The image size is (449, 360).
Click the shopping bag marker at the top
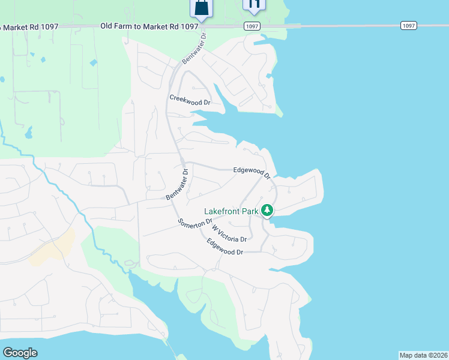tap(202, 8)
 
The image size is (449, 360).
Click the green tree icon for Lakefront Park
tap(267, 211)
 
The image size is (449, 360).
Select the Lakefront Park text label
tap(231, 211)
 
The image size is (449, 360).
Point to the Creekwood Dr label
tap(190, 100)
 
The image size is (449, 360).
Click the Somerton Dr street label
tap(196, 222)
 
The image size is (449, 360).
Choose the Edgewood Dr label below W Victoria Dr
tap(224, 247)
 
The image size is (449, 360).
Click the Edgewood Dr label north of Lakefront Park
tap(252, 172)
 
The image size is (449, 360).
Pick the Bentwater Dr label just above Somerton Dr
tap(178, 184)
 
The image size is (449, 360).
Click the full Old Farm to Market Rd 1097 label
tap(149, 26)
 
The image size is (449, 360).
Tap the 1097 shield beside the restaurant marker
tap(252, 26)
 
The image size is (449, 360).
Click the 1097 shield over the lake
tap(408, 25)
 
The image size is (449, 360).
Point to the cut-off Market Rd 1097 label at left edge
tap(23, 26)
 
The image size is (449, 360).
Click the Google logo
tap(20, 352)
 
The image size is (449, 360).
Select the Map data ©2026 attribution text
tap(423, 355)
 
